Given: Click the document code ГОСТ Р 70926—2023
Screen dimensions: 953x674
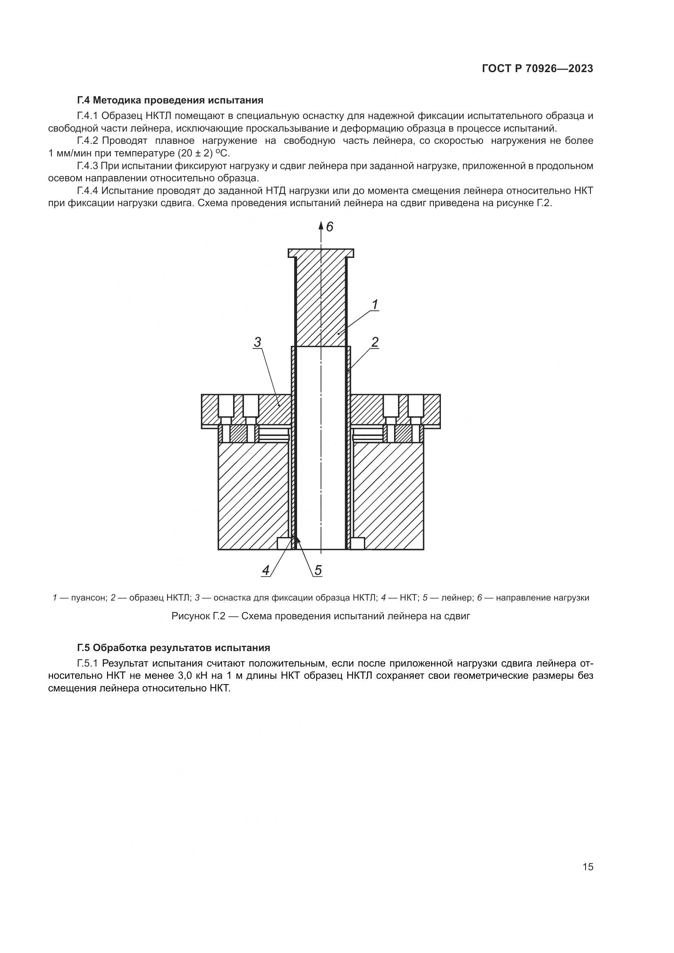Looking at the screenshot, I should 537,68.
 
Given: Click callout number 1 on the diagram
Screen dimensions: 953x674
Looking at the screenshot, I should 375,304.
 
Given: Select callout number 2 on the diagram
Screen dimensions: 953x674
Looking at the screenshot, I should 374,342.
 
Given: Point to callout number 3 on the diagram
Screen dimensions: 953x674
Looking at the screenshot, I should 257,342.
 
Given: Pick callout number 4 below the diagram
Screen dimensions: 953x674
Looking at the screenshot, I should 266,570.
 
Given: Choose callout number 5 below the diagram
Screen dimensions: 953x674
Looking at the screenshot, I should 318,570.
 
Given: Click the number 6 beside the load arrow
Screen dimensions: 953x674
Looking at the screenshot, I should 330,227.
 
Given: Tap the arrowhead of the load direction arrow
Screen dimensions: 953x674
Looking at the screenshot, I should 321,225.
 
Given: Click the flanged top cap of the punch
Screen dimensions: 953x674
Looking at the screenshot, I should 321,252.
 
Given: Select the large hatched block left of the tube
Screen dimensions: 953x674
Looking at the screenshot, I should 253,496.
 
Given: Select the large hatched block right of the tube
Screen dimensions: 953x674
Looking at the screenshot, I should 388,496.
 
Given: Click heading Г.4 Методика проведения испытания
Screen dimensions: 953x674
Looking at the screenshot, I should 170,100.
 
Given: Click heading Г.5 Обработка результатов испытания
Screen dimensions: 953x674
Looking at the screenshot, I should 174,648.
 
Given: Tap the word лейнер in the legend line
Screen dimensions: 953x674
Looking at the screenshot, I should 456,598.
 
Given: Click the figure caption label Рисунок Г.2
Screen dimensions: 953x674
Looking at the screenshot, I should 198,616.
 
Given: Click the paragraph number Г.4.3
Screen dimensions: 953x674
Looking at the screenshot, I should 87,166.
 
